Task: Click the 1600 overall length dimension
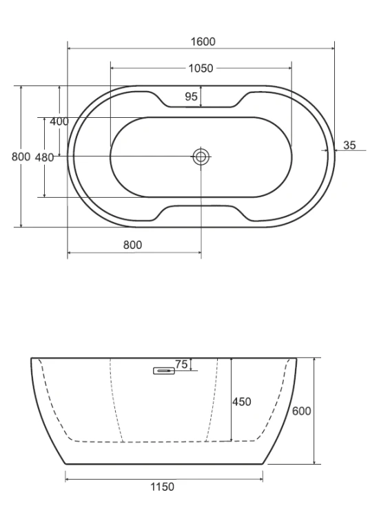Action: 203,42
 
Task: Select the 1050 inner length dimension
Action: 201,68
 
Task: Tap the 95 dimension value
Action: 191,97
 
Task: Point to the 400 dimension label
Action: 59,121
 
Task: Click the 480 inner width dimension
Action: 45,157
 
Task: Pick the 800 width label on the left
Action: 21,156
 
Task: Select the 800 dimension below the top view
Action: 132,245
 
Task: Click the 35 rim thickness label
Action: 349,145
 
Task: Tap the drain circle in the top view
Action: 201,157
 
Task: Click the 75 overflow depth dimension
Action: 181,365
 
